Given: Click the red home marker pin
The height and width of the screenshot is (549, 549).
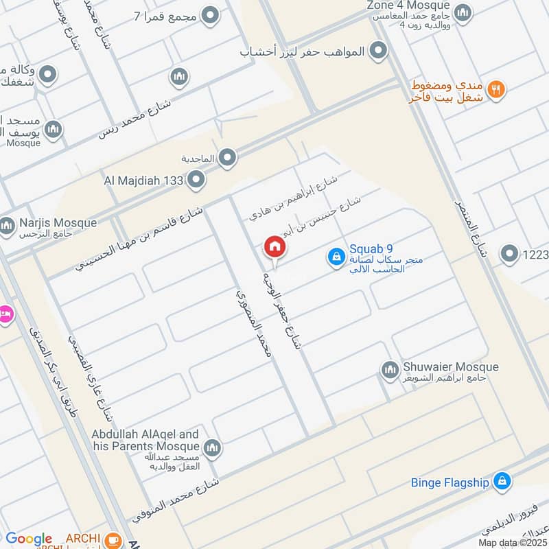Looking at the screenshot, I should click(274, 247).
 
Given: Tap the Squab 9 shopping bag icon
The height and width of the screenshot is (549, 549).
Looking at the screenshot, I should click(336, 257).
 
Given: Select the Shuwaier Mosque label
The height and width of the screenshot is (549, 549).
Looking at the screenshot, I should click(449, 368).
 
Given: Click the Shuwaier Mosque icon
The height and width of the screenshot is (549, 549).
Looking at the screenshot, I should click(390, 370).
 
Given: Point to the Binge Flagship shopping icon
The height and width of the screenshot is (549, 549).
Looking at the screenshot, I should click(503, 481).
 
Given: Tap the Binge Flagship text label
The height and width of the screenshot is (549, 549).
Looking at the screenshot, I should click(450, 482).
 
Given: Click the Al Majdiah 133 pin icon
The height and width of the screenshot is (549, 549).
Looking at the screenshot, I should click(197, 180).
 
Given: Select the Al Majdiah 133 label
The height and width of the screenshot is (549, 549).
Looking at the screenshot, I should click(143, 181).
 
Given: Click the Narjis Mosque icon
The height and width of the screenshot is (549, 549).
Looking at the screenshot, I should click(8, 224).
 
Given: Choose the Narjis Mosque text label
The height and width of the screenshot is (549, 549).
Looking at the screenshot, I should click(58, 223).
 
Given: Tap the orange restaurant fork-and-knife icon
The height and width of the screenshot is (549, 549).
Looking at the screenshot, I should click(498, 88).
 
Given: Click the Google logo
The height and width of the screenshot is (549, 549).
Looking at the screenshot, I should click(28, 539).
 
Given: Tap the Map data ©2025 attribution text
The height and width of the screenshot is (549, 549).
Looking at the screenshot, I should click(513, 542).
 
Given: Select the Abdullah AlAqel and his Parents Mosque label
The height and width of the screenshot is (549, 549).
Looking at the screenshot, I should click(145, 440).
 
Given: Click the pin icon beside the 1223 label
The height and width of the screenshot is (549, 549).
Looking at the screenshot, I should click(509, 255).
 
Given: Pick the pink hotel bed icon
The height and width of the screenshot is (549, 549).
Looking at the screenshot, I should click(5, 314).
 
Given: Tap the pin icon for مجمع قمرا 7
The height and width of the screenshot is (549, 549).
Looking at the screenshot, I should click(211, 14).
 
